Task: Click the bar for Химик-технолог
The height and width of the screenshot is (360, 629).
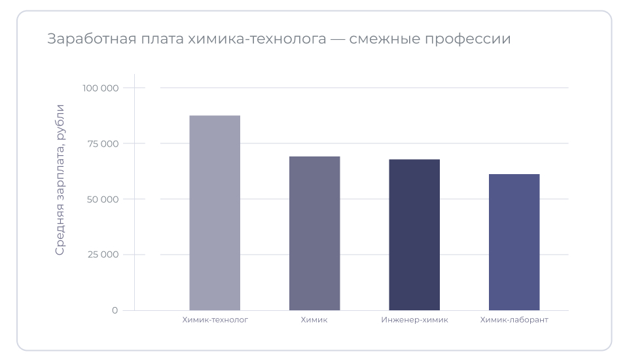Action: click(215, 213)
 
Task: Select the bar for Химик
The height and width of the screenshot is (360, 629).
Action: click(314, 233)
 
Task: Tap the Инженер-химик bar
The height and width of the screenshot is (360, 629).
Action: click(414, 234)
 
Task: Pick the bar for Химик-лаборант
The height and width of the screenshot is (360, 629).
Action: click(514, 242)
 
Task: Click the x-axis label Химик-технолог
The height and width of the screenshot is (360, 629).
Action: click(215, 320)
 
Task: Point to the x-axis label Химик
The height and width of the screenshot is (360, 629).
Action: click(314, 320)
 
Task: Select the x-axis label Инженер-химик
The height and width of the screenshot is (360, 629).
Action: click(414, 320)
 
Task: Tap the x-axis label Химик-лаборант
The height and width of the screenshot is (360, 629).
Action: click(514, 320)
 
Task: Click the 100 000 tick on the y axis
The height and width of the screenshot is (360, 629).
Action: click(100, 88)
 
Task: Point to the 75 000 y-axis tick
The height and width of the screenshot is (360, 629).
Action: click(102, 143)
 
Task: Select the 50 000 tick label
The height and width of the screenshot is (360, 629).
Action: click(102, 199)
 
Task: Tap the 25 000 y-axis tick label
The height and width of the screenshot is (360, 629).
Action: click(102, 255)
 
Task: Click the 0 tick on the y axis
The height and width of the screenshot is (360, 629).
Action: click(115, 310)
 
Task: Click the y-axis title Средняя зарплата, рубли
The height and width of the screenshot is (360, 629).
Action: click(60, 179)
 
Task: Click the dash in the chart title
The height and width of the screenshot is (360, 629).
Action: click(338, 39)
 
